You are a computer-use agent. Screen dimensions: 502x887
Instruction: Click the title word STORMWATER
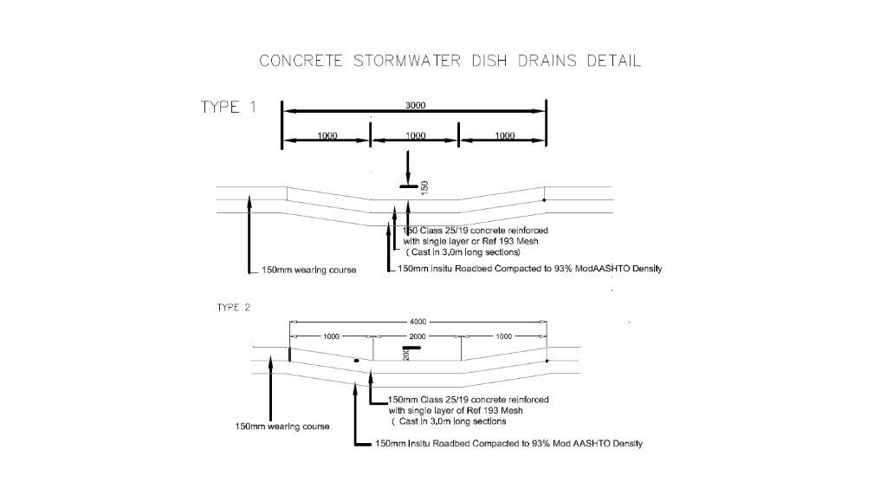[403, 61]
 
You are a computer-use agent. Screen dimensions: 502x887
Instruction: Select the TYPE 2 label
[235, 307]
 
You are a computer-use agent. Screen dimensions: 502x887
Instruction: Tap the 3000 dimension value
[415, 105]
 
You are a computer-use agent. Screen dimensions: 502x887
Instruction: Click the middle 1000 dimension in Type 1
[415, 136]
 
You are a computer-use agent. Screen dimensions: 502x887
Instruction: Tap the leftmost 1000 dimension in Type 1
[327, 136]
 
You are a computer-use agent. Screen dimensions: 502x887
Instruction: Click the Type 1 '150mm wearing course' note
[308, 271]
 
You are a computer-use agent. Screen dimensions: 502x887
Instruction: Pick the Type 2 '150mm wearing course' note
[282, 427]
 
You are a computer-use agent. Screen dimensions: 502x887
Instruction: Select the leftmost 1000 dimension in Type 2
[332, 335]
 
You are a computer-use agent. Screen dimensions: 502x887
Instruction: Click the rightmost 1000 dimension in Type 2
[502, 335]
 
